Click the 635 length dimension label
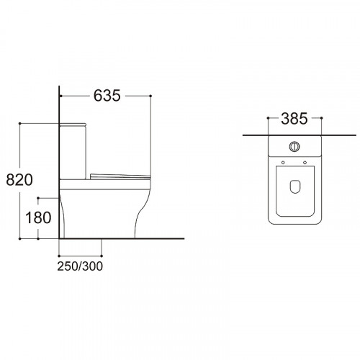tap(107, 96)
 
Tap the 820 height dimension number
tap(19, 180)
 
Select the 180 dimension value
tap(38, 217)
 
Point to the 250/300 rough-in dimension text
tap(80, 266)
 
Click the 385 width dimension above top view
tap(294, 119)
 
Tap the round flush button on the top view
tap(294, 146)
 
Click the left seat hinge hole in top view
tap(283, 163)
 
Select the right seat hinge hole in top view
tap(305, 163)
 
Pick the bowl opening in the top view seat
tap(294, 186)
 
